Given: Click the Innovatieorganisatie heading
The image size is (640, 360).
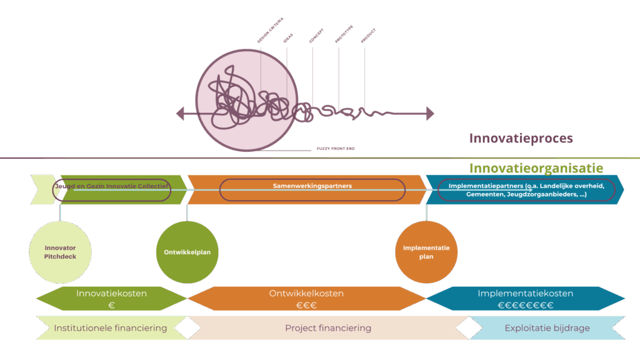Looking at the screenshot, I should [536, 168].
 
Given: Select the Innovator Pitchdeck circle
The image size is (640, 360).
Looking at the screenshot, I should [60, 252].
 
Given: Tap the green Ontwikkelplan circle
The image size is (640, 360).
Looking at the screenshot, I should [187, 252].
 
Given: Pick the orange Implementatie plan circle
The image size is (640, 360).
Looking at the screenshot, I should [426, 252].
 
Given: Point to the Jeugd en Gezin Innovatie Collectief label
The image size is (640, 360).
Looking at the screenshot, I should [112, 186].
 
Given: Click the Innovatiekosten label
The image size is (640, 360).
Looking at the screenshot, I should [111, 293].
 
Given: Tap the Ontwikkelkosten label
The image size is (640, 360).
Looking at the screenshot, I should [306, 293].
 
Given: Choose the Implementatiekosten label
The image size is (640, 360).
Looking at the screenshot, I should [525, 293].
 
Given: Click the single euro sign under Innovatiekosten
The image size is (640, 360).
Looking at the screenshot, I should [111, 306].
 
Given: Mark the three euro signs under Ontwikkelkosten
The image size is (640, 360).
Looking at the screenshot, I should [306, 306].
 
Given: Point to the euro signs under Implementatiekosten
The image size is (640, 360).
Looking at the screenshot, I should [525, 306].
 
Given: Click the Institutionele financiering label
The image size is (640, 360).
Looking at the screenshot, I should [111, 328].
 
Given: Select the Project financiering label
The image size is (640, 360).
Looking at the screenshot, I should [328, 328].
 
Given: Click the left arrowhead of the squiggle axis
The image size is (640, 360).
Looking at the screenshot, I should [180, 114].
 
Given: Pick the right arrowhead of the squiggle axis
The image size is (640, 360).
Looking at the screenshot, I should [430, 114].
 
